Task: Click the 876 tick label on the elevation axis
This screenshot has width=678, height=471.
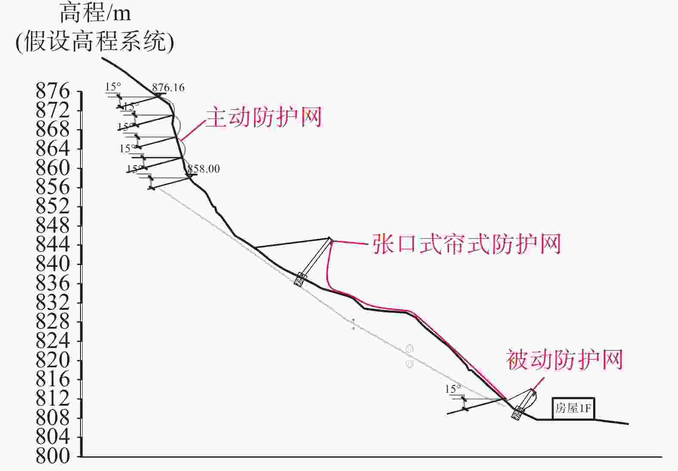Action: [x=53, y=91]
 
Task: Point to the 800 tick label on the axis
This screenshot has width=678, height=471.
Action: [x=53, y=456]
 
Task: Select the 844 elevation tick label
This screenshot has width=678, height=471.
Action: [x=53, y=245]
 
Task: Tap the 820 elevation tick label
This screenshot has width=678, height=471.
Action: [x=53, y=360]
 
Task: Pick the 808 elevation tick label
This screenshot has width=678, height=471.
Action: [x=53, y=417]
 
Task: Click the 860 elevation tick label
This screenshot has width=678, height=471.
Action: [x=53, y=168]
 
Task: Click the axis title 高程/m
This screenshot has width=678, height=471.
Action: [x=95, y=13]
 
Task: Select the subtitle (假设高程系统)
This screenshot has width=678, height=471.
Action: [x=95, y=42]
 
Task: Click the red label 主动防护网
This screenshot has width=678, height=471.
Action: [x=264, y=117]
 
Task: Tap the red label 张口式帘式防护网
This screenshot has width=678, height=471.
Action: [x=467, y=244]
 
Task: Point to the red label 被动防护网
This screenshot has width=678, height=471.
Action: [x=564, y=360]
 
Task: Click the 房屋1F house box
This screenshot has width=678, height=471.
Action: [x=573, y=408]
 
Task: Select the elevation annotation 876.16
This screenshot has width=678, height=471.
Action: [x=168, y=87]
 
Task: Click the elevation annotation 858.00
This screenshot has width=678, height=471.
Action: [x=204, y=169]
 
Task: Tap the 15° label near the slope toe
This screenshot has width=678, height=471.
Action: [x=453, y=389]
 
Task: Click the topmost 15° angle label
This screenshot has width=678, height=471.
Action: [x=113, y=86]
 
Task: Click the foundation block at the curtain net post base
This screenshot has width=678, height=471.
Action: [x=300, y=279]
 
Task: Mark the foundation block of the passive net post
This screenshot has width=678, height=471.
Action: [x=518, y=413]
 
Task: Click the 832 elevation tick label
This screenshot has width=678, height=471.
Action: [x=53, y=302]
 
